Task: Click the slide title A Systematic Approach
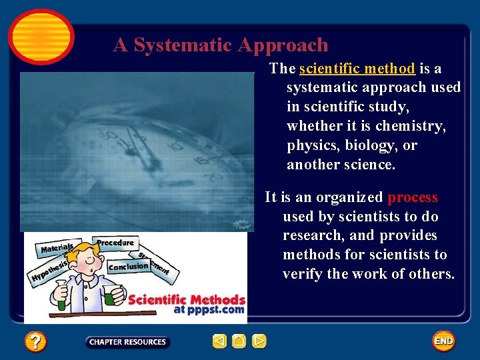221,45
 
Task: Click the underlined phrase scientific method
357,69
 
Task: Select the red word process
413,197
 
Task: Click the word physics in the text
309,145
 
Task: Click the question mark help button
35,342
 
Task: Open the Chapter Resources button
127,342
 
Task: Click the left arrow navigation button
219,342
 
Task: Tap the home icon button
239,342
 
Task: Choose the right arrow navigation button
259,342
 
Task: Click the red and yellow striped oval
41,36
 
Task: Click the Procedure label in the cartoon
115,243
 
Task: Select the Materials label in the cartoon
57,249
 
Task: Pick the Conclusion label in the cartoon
128,267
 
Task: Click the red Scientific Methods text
187,300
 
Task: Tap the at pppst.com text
209,310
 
